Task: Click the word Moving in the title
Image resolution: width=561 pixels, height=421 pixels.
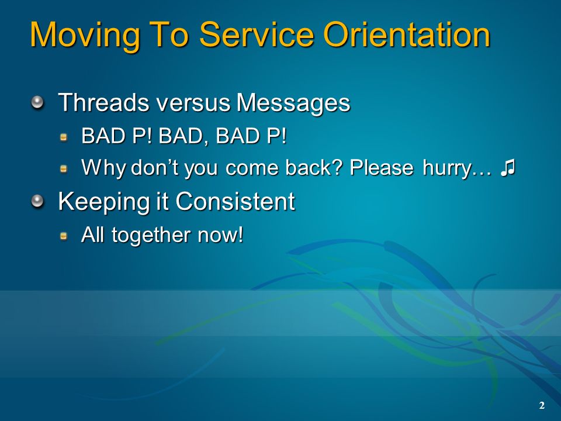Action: pos(85,35)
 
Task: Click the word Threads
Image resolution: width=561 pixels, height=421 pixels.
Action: pos(103,102)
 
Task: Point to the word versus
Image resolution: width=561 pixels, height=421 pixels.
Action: pos(193,103)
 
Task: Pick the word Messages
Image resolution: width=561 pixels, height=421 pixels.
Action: pos(293,103)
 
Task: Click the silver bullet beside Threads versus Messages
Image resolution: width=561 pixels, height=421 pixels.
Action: pos(37,103)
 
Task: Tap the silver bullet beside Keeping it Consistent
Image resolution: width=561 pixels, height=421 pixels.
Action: pos(37,202)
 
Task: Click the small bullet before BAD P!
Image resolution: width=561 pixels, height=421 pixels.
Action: pos(64,137)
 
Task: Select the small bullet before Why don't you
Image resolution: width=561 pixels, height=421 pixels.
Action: pos(64,168)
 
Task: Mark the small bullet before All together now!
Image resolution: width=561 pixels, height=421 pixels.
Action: pos(64,236)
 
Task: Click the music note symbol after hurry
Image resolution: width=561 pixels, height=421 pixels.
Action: pos(508,168)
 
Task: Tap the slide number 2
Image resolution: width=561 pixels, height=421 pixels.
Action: pos(542,405)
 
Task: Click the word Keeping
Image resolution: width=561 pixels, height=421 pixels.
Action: pos(104,202)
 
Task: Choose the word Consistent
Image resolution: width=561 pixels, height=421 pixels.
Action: pos(235,201)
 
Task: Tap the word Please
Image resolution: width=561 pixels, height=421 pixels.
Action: pos(382,167)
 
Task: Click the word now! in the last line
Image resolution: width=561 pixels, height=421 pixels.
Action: pos(220,235)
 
